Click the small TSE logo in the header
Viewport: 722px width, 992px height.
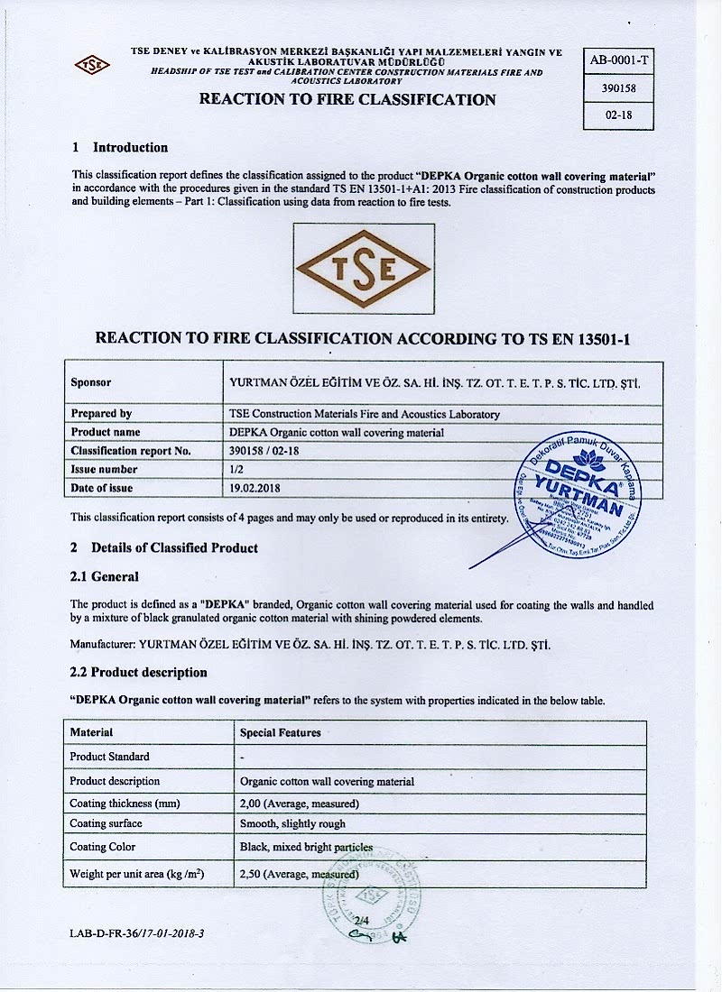(92, 65)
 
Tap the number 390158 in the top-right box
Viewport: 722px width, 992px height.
(618, 88)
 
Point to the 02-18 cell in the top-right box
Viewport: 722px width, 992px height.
(618, 115)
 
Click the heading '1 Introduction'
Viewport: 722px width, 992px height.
(120, 147)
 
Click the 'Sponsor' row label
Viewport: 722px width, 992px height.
(91, 382)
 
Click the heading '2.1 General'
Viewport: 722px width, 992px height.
(105, 576)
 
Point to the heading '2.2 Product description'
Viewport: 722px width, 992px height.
(139, 672)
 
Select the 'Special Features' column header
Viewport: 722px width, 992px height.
(281, 732)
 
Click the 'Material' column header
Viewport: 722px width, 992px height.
(91, 732)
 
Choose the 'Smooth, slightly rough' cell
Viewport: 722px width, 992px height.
(292, 823)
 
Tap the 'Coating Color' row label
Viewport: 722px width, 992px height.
(103, 847)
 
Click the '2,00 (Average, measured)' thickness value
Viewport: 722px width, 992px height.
(300, 803)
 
